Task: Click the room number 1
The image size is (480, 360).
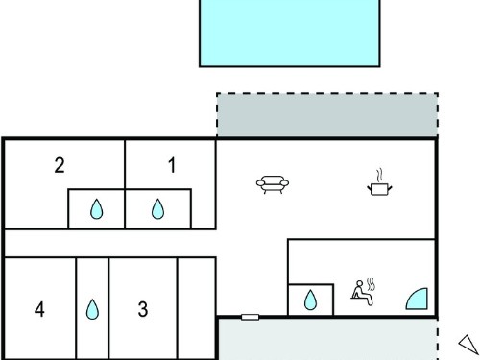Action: (172, 165)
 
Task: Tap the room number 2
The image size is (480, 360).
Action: (60, 165)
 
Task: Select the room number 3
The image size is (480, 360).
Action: (143, 309)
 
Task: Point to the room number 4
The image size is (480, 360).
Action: (39, 309)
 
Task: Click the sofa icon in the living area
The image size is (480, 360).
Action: (273, 184)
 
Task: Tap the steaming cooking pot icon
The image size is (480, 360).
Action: (379, 182)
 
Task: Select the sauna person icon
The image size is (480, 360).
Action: (362, 293)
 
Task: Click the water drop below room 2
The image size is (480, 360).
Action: (96, 209)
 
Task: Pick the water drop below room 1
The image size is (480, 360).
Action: (157, 209)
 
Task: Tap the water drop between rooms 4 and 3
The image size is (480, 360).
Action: (92, 309)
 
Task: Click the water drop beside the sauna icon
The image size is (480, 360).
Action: (310, 300)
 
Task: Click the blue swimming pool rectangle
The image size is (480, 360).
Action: (290, 33)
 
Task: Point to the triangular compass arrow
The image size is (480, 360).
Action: (468, 345)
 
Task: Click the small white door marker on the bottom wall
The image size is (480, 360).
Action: (250, 317)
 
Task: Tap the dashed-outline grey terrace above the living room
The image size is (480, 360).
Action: (327, 115)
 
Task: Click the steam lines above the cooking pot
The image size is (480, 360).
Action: (379, 175)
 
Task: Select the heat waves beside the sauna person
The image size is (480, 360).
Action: (371, 284)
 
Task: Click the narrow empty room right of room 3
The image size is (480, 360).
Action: (197, 308)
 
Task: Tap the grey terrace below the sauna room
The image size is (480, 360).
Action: (327, 339)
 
